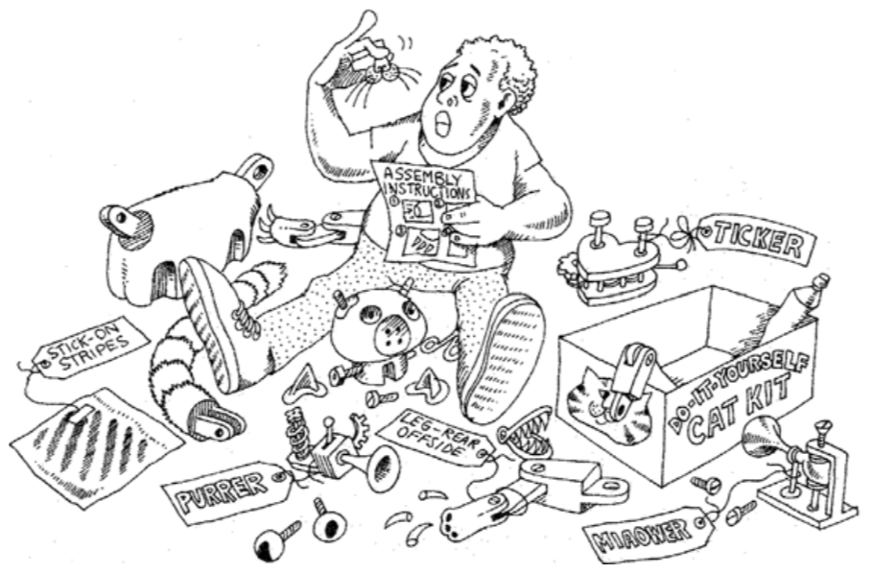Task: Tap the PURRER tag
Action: tap(226, 489)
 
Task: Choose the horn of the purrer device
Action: tap(378, 470)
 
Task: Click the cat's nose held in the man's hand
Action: tap(382, 69)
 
